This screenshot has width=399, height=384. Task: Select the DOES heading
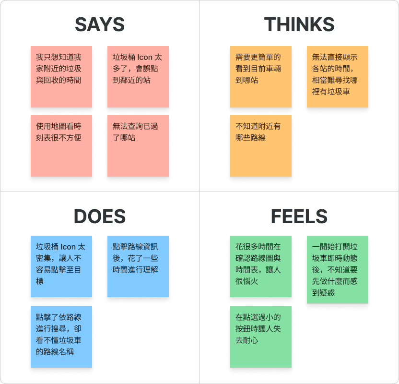click(x=100, y=216)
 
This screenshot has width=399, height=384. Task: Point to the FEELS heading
click(x=299, y=216)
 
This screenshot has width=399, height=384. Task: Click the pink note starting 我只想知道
click(x=61, y=77)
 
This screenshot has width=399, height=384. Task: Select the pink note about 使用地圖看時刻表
click(x=61, y=146)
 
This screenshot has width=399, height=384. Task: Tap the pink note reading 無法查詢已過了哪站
click(x=138, y=146)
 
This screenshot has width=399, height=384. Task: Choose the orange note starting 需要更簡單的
click(x=261, y=77)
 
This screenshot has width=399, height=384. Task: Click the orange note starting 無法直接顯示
click(x=338, y=77)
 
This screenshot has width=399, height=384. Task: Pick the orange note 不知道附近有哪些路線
click(x=261, y=146)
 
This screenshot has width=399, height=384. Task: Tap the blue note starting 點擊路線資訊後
click(x=138, y=266)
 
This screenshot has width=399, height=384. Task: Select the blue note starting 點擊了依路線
click(x=61, y=337)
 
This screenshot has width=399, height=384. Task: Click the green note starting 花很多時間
click(x=261, y=266)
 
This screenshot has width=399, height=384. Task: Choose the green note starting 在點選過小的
click(x=261, y=337)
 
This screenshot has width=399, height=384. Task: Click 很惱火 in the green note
click(x=246, y=281)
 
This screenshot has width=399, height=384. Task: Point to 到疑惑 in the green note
click(x=323, y=293)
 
